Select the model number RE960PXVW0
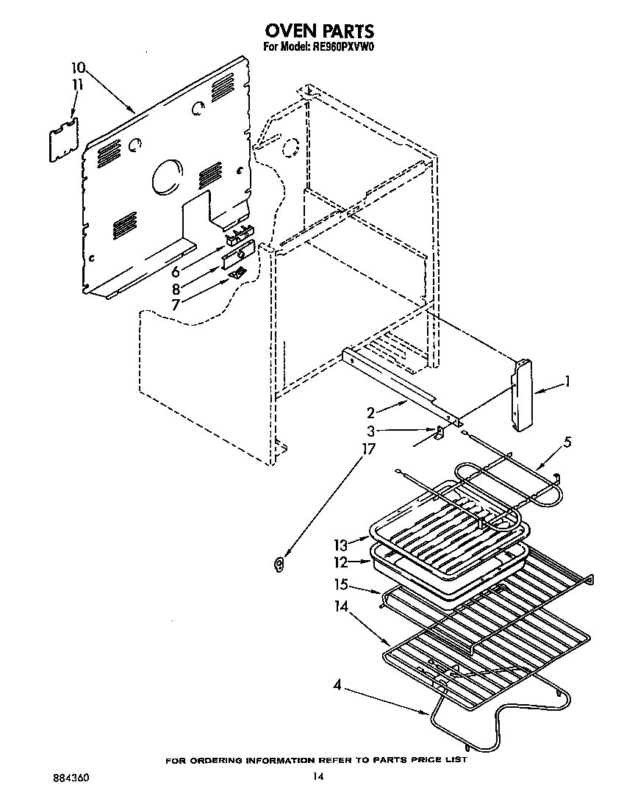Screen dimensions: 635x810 pyautogui.click(x=344, y=49)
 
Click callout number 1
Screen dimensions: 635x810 pyautogui.click(x=567, y=382)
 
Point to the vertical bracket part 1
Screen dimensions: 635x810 pyautogui.click(x=523, y=395)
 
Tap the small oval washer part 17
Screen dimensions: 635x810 pyautogui.click(x=279, y=565)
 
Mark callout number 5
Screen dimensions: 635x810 pyautogui.click(x=567, y=442)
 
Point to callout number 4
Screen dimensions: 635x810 pyautogui.click(x=337, y=687)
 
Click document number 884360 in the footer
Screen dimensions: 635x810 pyautogui.click(x=71, y=777)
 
